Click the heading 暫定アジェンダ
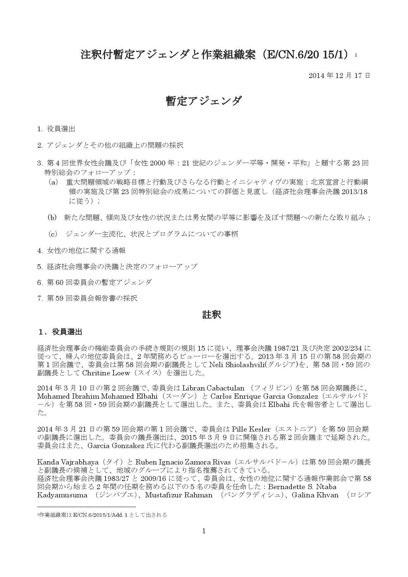(x=204, y=101)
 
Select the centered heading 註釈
(x=212, y=315)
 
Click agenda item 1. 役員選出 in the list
(x=56, y=129)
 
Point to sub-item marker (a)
(x=53, y=182)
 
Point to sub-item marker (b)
(x=52, y=217)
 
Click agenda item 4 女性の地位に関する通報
(x=81, y=250)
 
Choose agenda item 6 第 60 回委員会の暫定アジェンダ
(x=94, y=282)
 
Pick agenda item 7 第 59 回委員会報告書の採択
(x=87, y=298)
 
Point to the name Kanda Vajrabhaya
(x=68, y=462)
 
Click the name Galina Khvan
(x=315, y=495)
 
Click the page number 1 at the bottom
(x=204, y=531)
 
